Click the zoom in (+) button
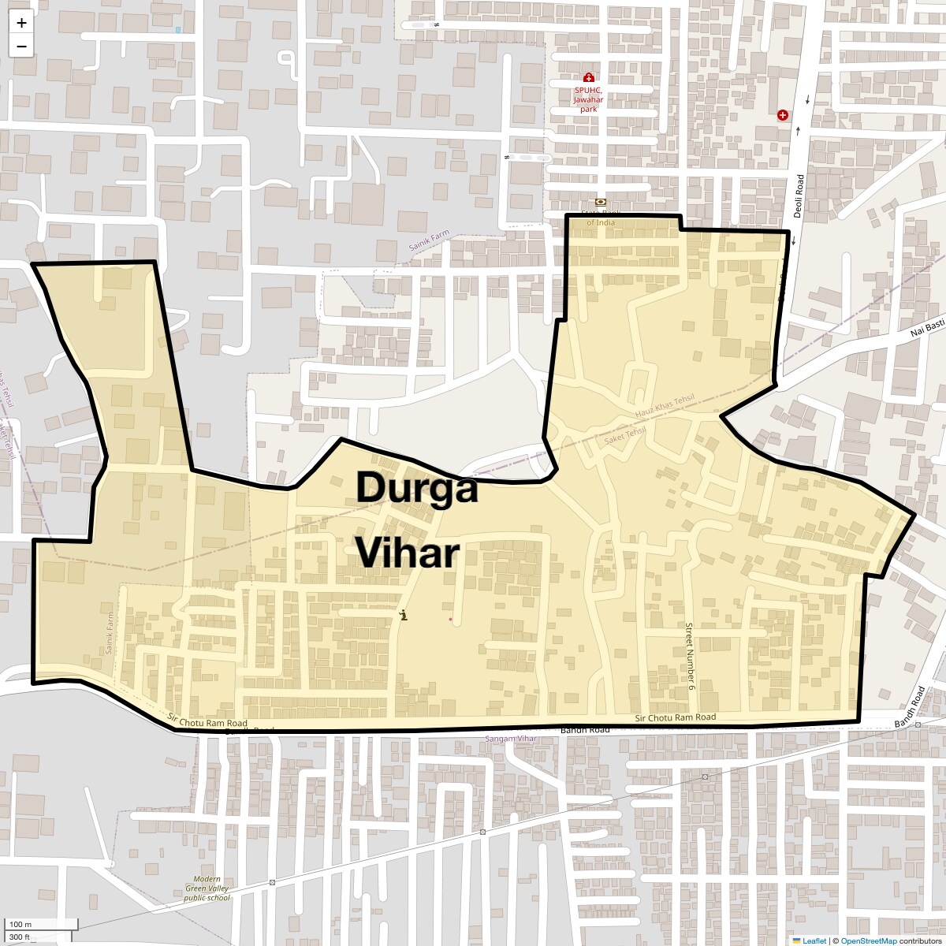click(21, 23)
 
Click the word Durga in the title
click(417, 487)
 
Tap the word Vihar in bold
click(407, 553)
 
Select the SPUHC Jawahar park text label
click(588, 99)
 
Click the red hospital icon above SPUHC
click(588, 77)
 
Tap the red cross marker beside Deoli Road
click(783, 115)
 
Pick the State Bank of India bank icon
click(601, 203)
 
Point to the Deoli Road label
click(799, 196)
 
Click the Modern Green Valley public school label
click(207, 888)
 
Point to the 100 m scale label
click(20, 924)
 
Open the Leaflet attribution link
click(814, 940)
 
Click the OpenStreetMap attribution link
click(869, 940)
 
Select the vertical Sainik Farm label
click(110, 633)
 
